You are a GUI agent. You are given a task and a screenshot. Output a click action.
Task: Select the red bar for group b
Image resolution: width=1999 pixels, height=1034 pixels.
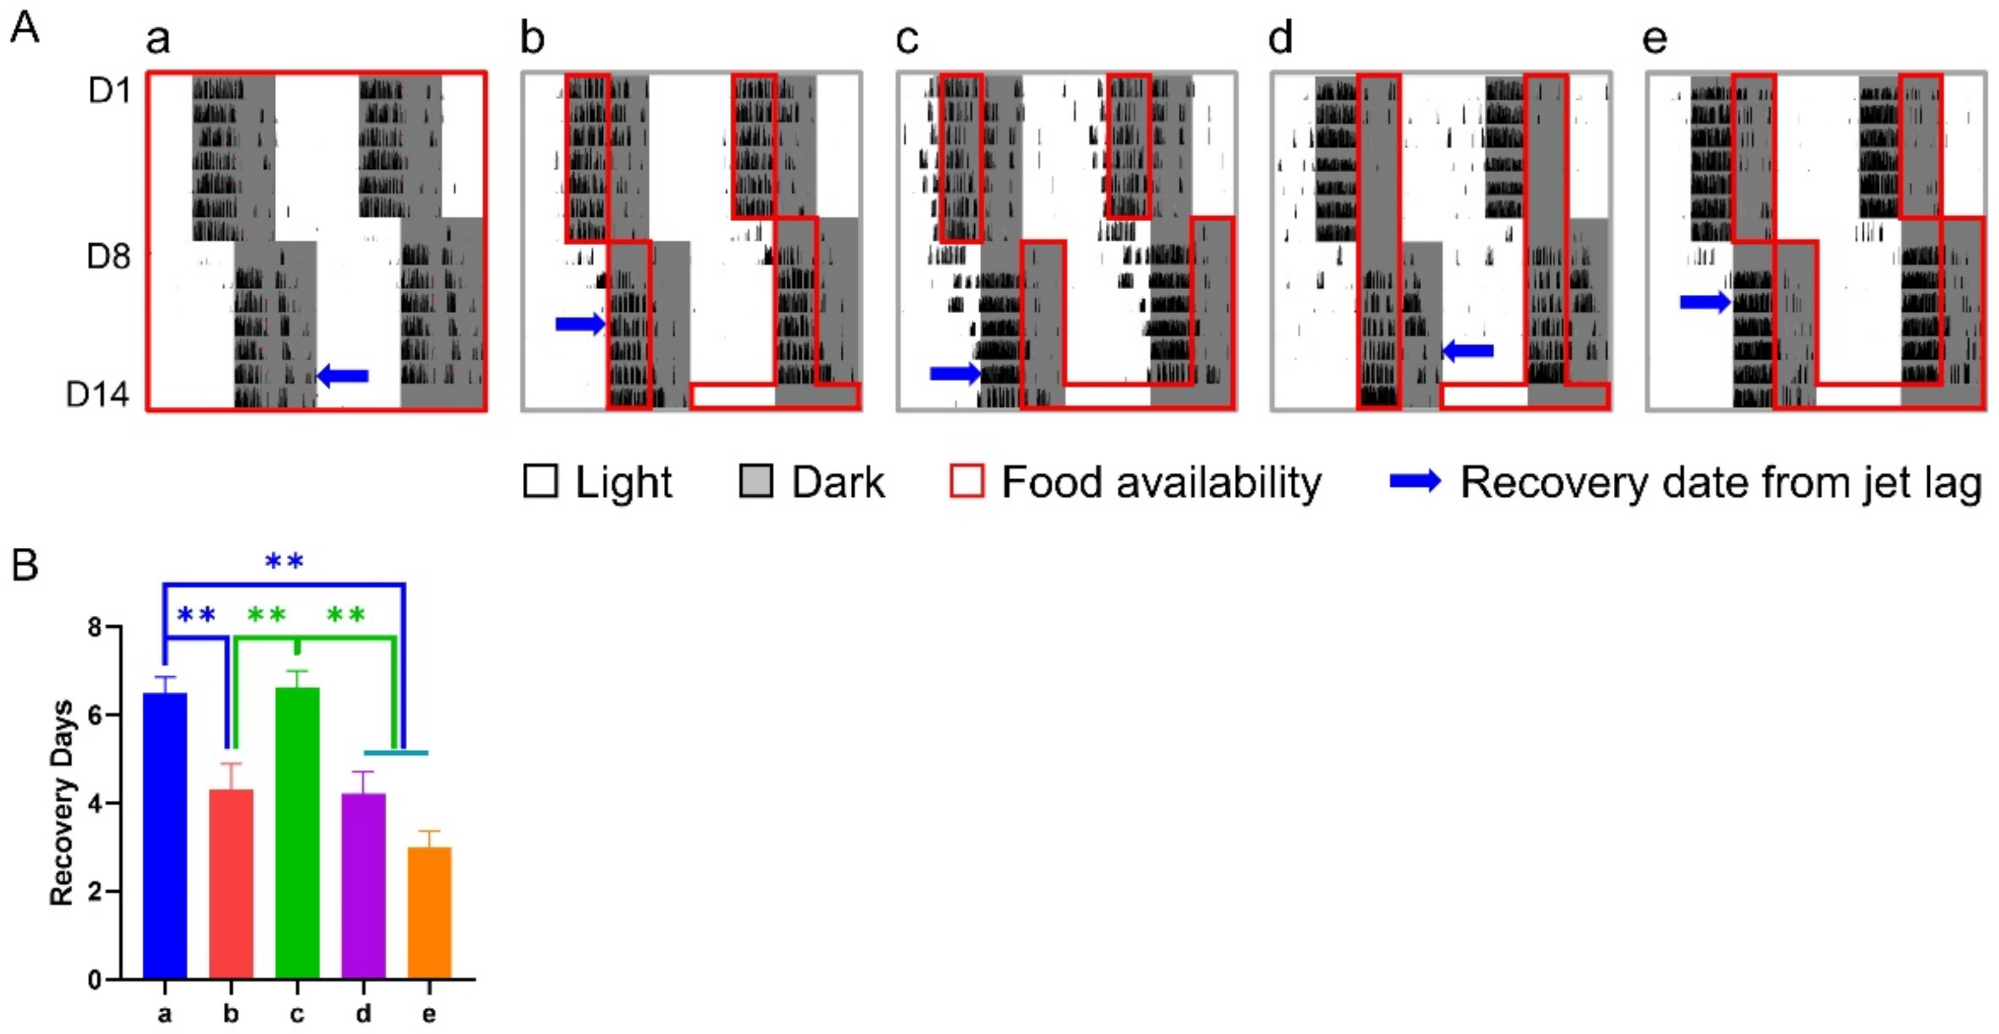[231, 884]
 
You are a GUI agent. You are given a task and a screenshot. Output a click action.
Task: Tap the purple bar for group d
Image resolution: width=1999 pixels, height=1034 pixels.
[363, 885]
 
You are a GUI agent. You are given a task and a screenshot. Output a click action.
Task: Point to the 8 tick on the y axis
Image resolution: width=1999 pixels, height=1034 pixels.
[95, 627]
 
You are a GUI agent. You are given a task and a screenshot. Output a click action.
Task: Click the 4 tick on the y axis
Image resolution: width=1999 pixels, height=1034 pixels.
[95, 803]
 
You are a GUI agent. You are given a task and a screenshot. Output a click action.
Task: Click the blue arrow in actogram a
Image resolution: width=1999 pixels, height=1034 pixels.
[343, 376]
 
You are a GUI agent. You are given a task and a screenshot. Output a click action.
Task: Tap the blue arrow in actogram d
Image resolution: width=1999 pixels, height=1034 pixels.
[1467, 352]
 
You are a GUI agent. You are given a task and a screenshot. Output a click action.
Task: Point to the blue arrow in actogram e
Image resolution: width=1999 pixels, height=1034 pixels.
[1705, 302]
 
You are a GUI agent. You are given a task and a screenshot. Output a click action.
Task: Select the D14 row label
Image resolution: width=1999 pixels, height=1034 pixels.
[98, 395]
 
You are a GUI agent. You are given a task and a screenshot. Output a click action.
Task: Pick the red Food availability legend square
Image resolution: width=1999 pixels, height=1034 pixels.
[967, 482]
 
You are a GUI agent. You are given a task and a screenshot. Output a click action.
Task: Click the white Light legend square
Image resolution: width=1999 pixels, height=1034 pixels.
[541, 482]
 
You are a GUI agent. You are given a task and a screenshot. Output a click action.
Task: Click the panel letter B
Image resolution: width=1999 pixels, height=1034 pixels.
[25, 565]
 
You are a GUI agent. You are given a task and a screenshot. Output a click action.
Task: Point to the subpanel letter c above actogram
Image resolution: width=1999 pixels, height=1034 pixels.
[906, 39]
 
